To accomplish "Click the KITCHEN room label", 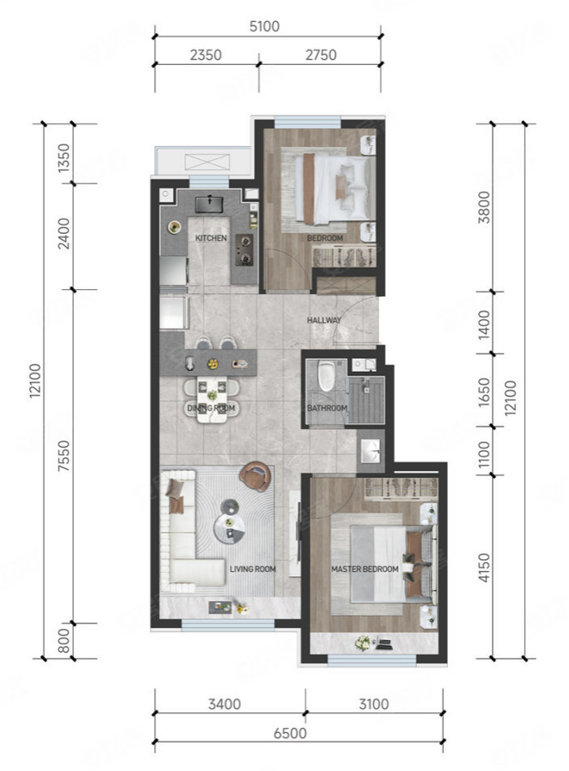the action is (211, 238).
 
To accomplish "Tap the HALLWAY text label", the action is (324, 320).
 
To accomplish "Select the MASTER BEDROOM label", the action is (365, 569).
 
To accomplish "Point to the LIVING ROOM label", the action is (253, 569).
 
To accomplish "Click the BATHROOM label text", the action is (327, 408).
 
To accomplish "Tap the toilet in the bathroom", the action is (326, 375).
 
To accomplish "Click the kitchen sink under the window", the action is (209, 204).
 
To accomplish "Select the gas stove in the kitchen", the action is (245, 249).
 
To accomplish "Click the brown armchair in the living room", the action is (255, 476).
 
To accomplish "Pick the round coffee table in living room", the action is (229, 528).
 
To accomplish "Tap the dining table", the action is (212, 399).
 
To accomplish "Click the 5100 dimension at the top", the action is (264, 27).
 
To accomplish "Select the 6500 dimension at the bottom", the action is (290, 733).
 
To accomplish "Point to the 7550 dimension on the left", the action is (63, 456).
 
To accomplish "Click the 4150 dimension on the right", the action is (484, 568).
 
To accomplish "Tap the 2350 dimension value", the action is (206, 55).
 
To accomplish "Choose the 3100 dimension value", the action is (374, 704).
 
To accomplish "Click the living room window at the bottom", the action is (228, 625).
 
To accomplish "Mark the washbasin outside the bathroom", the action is (370, 451).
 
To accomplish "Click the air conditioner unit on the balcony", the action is (207, 162).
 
